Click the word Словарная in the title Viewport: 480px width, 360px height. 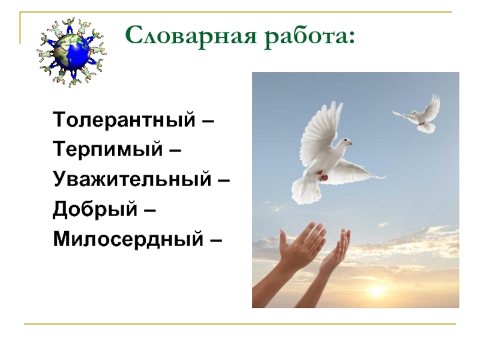pyautogui.click(x=191, y=35)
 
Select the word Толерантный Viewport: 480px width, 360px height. pyautogui.click(x=124, y=119)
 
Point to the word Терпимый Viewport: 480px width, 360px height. pyautogui.click(x=108, y=149)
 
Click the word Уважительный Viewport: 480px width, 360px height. pyautogui.click(x=132, y=179)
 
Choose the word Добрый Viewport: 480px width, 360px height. pyautogui.click(x=95, y=209)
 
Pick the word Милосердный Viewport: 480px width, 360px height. pyautogui.click(x=128, y=238)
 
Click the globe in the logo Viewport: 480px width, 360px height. pyautogui.click(x=71, y=51)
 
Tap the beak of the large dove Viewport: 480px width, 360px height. pyautogui.click(x=350, y=143)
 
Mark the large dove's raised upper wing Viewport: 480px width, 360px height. pyautogui.click(x=320, y=131)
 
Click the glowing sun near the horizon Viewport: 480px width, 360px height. pyautogui.click(x=377, y=291)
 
